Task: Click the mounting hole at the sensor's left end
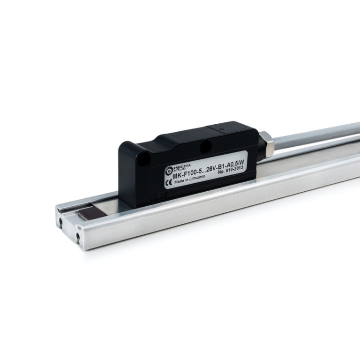click(146, 159)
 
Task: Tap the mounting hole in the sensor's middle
click(205, 148)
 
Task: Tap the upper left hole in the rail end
click(61, 217)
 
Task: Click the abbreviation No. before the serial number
click(222, 173)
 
